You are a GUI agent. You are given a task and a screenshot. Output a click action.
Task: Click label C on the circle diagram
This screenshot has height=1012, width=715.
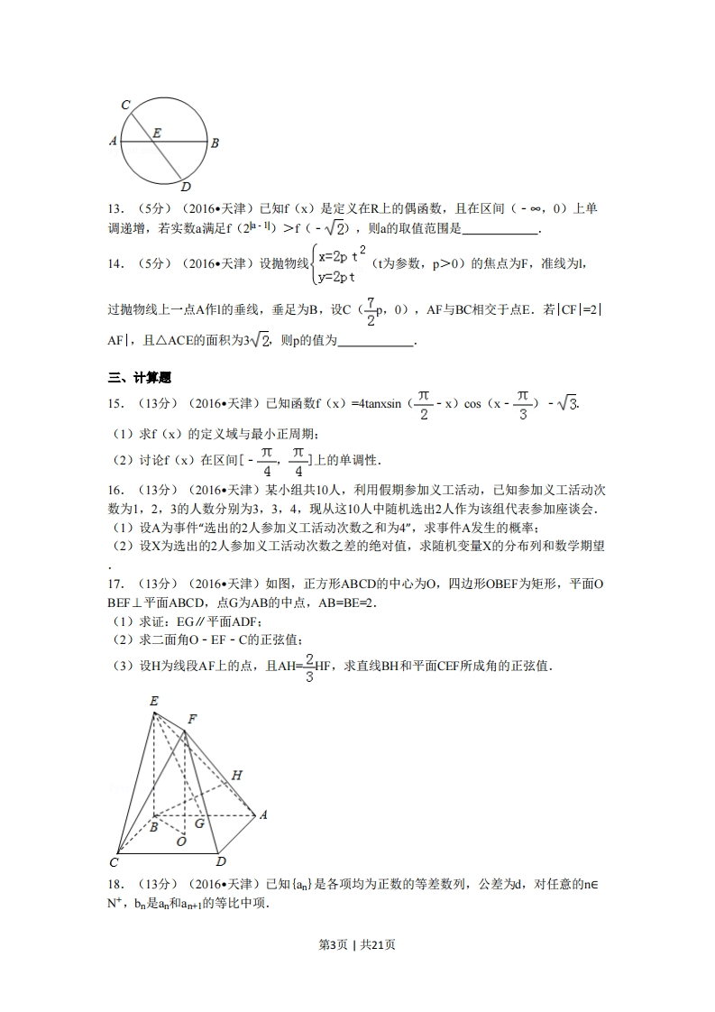pos(125,106)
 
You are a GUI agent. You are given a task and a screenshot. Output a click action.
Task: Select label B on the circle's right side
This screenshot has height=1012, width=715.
pos(215,143)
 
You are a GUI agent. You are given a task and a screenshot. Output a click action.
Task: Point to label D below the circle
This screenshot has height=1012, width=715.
pos(185,188)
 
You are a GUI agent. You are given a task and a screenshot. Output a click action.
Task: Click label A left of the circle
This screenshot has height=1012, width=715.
pos(113,142)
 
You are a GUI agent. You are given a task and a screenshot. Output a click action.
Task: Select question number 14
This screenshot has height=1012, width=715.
pos(115,263)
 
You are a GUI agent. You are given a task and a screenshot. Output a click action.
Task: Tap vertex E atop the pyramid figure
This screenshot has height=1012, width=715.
pos(154,702)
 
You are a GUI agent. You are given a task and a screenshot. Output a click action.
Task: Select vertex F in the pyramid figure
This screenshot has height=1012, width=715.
pos(191,720)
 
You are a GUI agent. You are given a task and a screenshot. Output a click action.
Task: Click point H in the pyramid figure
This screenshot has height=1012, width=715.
pos(236,775)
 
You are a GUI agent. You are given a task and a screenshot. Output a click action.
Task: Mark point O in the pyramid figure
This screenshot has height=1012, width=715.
pos(181,841)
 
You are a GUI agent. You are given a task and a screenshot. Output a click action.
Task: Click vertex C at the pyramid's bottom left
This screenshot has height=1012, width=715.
pos(115,862)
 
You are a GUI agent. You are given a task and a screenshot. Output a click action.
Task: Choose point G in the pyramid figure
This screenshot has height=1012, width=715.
pos(199,823)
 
